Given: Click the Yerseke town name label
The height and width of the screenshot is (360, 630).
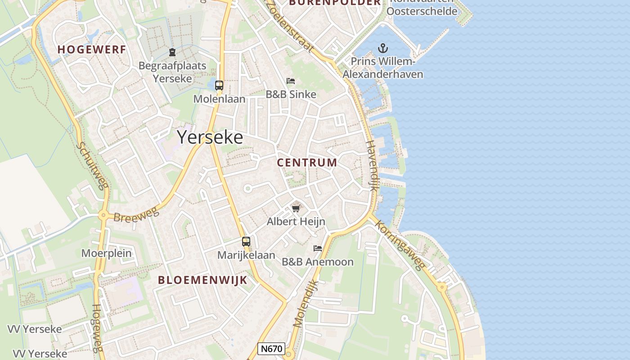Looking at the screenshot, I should coord(210,137).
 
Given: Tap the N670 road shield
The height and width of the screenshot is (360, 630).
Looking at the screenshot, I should coord(272,349).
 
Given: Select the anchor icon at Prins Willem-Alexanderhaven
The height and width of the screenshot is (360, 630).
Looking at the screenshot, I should coord(382,48).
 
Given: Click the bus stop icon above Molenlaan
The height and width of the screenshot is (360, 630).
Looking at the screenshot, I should coord(219,85).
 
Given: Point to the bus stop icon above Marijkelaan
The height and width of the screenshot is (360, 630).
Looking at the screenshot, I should coord(246,242).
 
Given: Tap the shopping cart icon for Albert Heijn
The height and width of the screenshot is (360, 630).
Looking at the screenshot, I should coord(296,208).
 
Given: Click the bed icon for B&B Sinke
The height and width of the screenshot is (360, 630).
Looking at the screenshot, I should coord(291,81).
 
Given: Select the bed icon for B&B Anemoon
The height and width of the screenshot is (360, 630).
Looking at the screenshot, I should coord(318,248).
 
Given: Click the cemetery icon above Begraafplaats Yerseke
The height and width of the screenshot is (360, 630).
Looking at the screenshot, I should coord(172,52).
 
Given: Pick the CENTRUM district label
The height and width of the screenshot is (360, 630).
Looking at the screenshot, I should coord(307,162).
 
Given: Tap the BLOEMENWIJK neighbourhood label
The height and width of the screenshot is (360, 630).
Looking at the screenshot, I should coord(202,280).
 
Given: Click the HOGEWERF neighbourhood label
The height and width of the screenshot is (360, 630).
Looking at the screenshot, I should coord(91,49).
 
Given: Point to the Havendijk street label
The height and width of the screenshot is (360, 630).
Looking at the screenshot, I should coord(372,166).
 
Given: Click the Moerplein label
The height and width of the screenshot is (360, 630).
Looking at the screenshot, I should coord(106,253).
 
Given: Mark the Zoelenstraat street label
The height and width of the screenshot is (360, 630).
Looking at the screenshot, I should coord(290,26).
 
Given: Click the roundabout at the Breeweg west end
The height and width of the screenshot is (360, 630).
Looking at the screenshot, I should coord(103,216).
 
